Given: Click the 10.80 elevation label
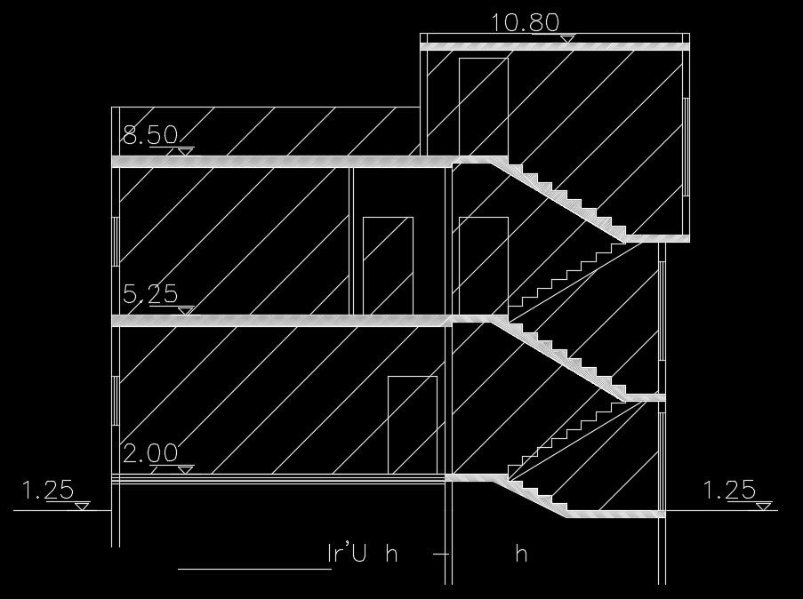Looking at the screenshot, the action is (x=525, y=22).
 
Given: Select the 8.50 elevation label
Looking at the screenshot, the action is (x=149, y=136).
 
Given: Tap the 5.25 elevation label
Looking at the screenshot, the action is (x=149, y=294).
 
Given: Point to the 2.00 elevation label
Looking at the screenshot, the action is (x=149, y=453).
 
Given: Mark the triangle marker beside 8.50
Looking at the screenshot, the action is (x=184, y=152).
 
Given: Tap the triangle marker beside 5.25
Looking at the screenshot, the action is (x=185, y=310).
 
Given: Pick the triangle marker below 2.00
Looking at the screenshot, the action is (x=184, y=469).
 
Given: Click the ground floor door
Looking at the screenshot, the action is (x=413, y=423).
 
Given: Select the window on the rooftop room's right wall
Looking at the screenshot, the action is (x=686, y=147).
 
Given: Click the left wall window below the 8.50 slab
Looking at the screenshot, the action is (x=116, y=238).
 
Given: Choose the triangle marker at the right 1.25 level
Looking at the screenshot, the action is (x=763, y=506).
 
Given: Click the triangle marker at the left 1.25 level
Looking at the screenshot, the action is (x=82, y=506).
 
